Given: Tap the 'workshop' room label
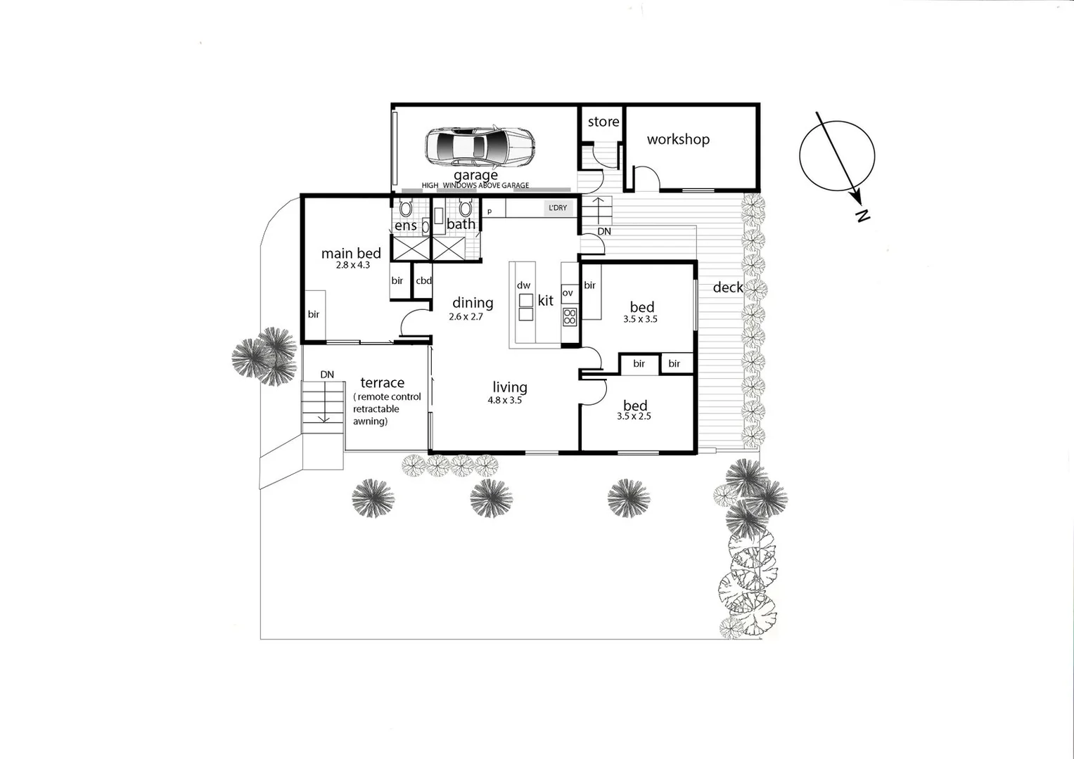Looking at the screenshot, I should [678, 139].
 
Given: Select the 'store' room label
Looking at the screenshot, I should [603, 122].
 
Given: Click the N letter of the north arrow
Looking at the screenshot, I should [862, 216].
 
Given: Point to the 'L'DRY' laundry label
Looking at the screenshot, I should [557, 208].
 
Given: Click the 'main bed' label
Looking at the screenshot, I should [351, 254].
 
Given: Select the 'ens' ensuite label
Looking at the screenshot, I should [405, 226].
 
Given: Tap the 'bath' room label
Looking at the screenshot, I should [461, 224].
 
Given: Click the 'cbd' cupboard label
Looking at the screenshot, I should [423, 281].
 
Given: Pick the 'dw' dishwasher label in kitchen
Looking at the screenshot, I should [523, 285].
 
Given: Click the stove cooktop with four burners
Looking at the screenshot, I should [569, 317].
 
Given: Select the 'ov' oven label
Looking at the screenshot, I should [567, 293].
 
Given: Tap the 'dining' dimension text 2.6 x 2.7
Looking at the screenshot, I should [466, 317].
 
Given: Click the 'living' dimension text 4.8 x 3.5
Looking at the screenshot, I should [504, 401].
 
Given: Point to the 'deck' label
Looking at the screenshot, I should [727, 287].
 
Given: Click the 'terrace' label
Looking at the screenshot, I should [382, 383].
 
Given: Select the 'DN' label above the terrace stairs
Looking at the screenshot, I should [327, 375].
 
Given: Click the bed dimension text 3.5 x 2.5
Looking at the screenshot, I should [633, 416].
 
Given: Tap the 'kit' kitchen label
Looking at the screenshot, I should [546, 301].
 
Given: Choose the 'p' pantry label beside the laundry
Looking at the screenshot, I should [490, 211].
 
